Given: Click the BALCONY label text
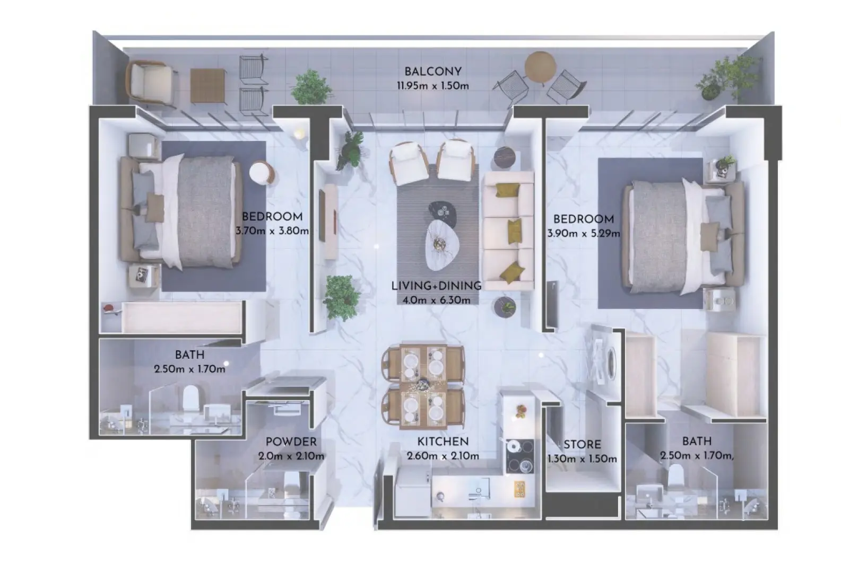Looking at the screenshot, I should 432,72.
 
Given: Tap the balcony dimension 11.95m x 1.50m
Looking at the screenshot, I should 432,85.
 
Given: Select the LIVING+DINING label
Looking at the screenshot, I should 436,286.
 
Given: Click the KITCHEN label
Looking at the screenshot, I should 443,441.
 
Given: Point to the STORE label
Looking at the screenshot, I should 582,445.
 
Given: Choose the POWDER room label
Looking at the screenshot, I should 291,442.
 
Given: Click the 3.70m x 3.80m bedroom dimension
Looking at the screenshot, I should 272,231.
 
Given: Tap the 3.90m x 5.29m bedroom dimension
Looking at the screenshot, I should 584,233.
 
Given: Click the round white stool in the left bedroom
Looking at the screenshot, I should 262,172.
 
